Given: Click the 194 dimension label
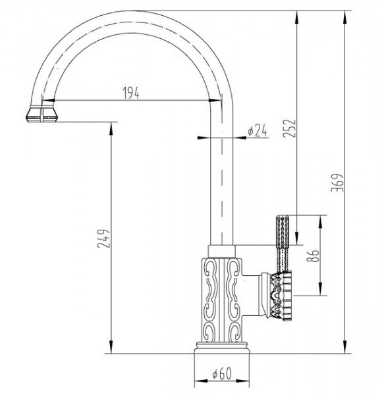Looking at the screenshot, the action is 131,93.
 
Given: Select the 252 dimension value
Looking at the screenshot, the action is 289,128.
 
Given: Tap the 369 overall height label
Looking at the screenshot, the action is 337,182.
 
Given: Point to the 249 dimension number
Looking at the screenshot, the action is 103,238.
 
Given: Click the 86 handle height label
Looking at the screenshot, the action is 314,255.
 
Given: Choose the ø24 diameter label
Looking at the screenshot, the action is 257,130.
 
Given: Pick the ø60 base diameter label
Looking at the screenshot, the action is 222,373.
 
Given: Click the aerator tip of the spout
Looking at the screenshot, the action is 42,114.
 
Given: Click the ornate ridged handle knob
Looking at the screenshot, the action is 282,296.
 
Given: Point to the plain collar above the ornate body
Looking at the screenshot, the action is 221,251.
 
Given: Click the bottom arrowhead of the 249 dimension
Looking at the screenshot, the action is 111,347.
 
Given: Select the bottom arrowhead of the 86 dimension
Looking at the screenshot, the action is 320,289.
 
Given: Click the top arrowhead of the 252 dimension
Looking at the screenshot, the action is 297,18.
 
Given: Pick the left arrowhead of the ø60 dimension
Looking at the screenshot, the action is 201,381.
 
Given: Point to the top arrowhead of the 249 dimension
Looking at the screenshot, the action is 111,129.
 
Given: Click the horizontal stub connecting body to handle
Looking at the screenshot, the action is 251,295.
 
